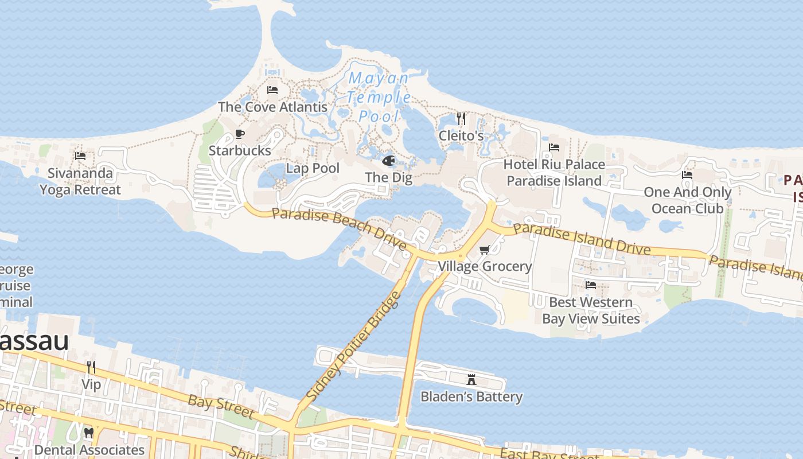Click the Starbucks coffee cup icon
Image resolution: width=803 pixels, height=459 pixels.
(x=240, y=134)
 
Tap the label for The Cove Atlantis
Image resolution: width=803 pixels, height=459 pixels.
(x=272, y=107)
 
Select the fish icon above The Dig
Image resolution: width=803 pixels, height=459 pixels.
(x=389, y=161)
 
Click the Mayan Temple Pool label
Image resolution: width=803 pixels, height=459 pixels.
(x=379, y=97)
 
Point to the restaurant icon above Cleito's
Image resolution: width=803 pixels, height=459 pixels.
(x=461, y=119)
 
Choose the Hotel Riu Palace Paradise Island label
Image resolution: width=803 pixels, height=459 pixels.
(x=553, y=173)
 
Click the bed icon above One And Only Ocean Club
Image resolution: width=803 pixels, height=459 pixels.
(x=687, y=175)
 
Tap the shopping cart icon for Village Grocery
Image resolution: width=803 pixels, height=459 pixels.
(x=485, y=250)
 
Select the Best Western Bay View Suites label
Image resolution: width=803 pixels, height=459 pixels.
(x=591, y=310)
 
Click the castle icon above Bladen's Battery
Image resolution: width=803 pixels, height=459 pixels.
(x=471, y=379)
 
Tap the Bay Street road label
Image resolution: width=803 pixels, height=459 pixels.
(x=221, y=406)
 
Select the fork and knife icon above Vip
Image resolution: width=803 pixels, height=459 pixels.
(x=91, y=367)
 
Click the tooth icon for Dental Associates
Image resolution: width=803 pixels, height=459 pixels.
(x=88, y=433)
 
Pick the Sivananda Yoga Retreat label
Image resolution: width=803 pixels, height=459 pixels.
(x=80, y=181)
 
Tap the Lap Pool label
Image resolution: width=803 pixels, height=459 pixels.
(x=313, y=168)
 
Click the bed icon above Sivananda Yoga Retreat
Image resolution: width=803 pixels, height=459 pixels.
(x=80, y=156)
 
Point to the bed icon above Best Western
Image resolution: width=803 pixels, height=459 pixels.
(x=590, y=285)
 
